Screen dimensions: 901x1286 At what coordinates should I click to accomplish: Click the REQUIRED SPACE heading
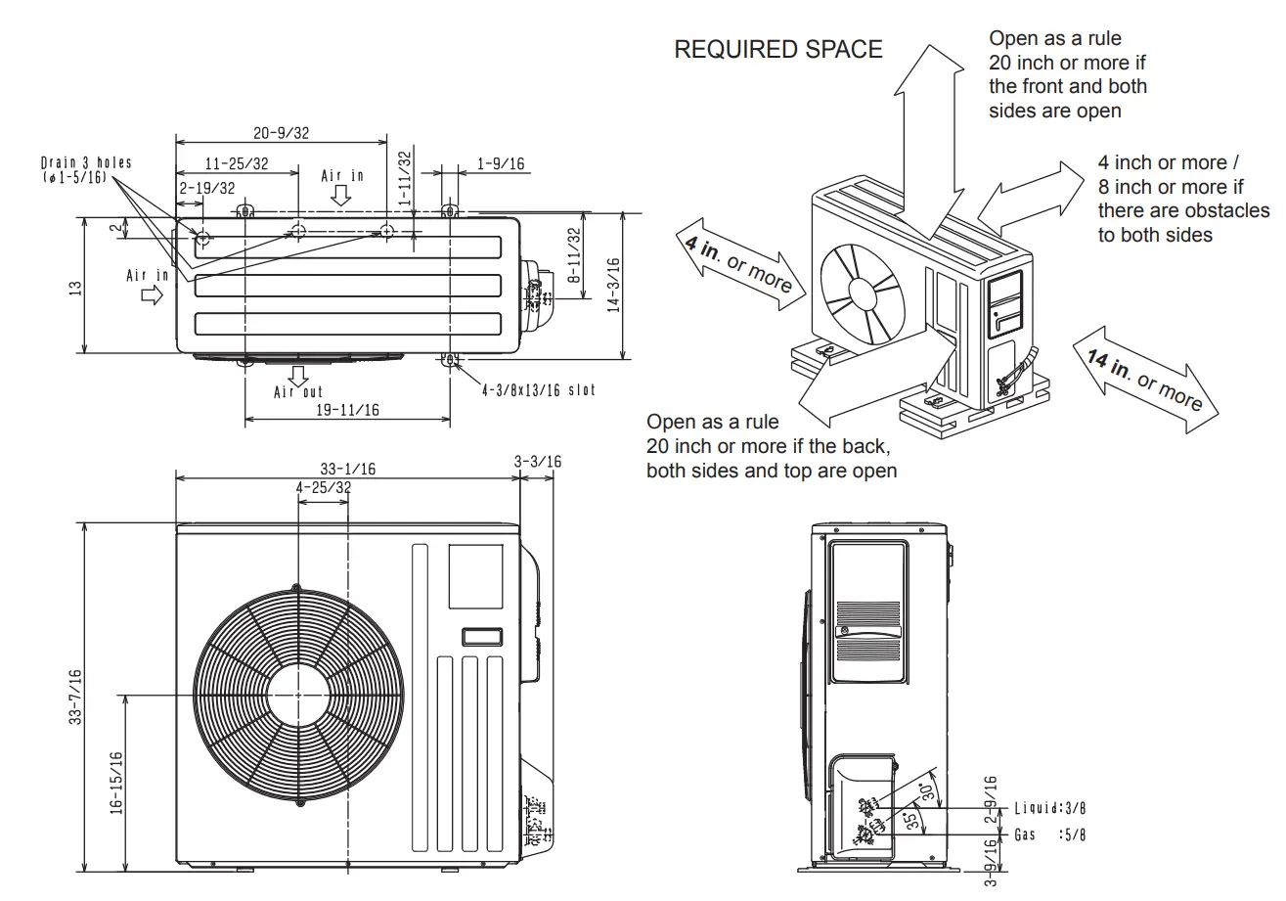778,50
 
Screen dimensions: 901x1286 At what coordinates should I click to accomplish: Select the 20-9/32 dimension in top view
281,133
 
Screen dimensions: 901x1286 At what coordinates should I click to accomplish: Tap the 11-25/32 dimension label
237,164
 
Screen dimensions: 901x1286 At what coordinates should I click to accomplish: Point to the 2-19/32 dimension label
206,188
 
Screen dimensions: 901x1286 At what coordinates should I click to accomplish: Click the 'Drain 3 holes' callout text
86,162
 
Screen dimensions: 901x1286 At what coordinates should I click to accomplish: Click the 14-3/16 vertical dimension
613,285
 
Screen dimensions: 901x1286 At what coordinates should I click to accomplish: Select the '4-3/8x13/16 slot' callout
538,389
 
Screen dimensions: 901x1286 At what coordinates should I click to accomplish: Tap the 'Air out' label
298,392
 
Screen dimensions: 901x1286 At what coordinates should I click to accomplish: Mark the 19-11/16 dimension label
347,411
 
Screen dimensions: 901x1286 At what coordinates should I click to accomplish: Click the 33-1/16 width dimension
347,469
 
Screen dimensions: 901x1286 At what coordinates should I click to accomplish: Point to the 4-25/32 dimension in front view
323,487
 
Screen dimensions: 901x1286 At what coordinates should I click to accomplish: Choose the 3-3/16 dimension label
538,462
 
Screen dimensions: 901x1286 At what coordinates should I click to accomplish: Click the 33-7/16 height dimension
75,697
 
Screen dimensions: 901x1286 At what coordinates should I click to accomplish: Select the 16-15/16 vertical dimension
116,783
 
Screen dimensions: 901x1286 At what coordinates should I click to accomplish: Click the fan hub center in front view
296,695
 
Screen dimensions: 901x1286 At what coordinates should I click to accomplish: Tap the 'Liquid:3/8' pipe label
1049,808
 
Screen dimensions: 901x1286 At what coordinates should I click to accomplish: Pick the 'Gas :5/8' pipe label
1049,835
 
